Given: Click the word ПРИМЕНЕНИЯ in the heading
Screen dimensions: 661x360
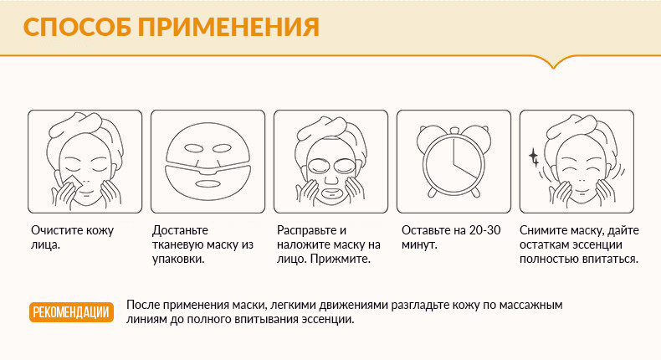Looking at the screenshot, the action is click(229, 27).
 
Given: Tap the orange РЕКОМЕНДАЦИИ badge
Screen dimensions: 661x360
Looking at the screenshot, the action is click(71, 312).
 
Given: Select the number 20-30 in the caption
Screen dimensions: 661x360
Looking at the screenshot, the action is click(484, 230).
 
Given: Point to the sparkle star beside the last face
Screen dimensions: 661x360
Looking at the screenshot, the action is click(534, 157).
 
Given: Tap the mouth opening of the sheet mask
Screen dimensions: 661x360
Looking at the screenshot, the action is click(208, 184).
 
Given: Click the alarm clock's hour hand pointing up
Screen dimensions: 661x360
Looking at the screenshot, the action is click(453, 151).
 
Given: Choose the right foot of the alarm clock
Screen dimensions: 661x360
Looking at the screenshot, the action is click(475, 192).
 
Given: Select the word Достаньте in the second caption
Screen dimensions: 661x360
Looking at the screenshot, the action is click(180, 230).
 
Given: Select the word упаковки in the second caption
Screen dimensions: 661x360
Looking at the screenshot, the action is click(178, 260).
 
